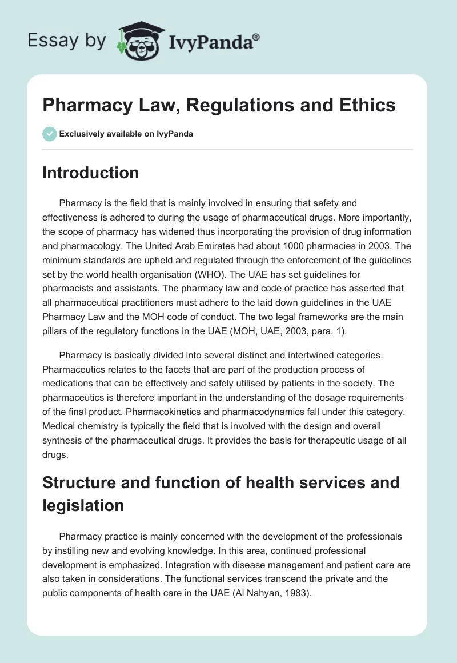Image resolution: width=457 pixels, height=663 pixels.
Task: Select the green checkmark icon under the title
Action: click(x=49, y=134)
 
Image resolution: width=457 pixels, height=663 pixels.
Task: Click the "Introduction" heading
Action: click(x=90, y=173)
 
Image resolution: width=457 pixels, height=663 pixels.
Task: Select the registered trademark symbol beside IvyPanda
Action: click(x=256, y=37)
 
